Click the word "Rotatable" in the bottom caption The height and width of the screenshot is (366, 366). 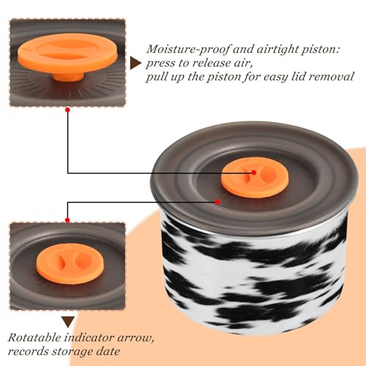[x=34, y=338]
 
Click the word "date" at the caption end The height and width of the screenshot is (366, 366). [x=108, y=351]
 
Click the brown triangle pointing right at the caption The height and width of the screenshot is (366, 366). [x=135, y=63]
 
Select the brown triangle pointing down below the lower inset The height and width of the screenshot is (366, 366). [x=68, y=322]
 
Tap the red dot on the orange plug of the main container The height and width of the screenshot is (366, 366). [x=254, y=173]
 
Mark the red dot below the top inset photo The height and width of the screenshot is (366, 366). [x=68, y=110]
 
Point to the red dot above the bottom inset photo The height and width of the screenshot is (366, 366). [x=67, y=220]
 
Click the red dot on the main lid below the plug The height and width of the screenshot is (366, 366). [x=217, y=202]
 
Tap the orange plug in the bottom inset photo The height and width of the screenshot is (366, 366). [x=70, y=264]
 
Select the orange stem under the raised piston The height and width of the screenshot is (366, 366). [x=69, y=76]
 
